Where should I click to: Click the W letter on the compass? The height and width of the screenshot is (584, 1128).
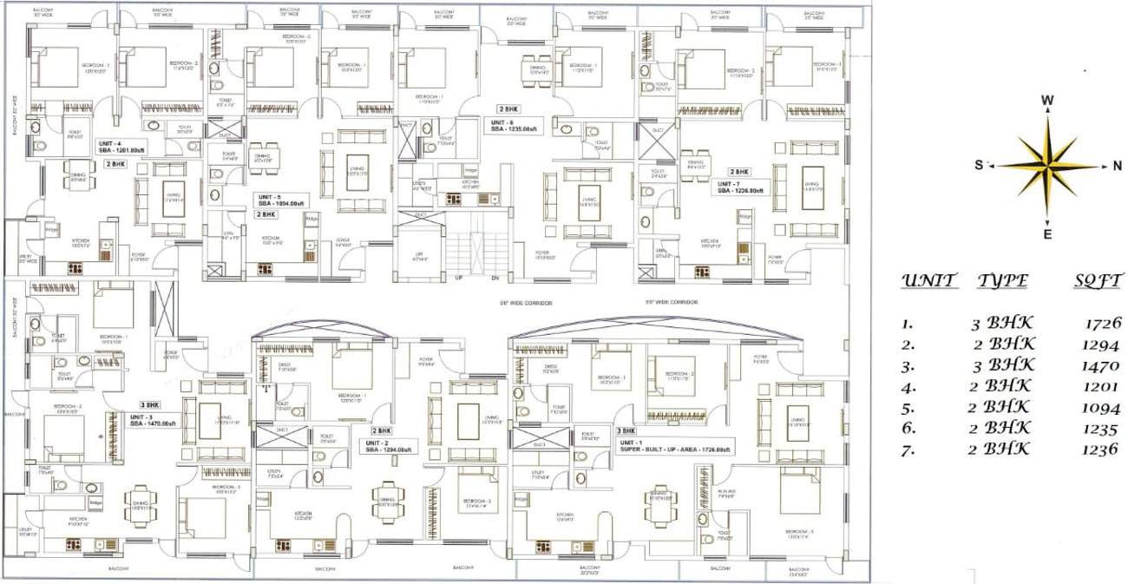[1047, 101]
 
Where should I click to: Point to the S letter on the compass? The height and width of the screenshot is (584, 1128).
[979, 165]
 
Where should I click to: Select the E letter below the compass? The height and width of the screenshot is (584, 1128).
[1047, 234]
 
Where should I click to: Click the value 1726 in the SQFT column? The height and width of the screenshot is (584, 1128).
[1103, 323]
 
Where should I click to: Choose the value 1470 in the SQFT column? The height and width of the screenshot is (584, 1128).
[1103, 365]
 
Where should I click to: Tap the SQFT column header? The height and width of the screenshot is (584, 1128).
[1098, 280]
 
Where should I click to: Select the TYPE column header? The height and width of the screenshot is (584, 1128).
[1003, 280]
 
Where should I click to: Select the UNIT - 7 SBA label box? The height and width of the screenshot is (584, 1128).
[739, 187]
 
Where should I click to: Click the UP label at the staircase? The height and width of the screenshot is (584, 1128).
[457, 278]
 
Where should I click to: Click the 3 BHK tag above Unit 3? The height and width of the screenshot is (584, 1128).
[149, 404]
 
